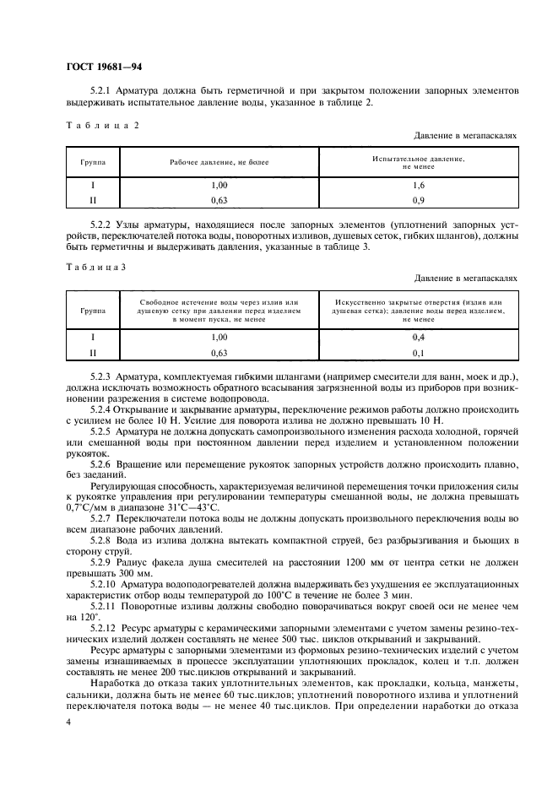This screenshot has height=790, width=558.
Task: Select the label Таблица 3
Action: pyautogui.click(x=97, y=266)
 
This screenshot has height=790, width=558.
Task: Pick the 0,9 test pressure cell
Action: pyautogui.click(x=418, y=200)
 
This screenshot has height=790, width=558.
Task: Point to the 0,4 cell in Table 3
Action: pyautogui.click(x=418, y=337)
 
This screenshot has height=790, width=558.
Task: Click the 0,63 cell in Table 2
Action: pyautogui.click(x=219, y=200)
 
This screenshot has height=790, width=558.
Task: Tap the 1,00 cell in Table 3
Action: pyautogui.click(x=219, y=337)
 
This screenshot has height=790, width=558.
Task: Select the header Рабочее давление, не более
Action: pyautogui.click(x=219, y=161)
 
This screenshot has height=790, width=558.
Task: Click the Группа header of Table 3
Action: pyautogui.click(x=94, y=311)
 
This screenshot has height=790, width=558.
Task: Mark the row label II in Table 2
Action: pyautogui.click(x=94, y=200)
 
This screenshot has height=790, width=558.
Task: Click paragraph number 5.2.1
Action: pyautogui.click(x=101, y=90)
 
